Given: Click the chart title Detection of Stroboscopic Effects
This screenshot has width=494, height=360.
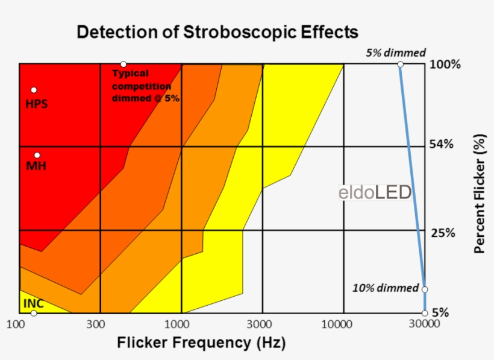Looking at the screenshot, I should [217, 32].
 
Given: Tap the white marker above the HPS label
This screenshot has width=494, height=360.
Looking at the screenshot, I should [34, 90].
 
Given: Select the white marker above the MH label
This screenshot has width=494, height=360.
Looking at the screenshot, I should [37, 155].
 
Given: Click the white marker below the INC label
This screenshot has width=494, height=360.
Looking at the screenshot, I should [34, 313].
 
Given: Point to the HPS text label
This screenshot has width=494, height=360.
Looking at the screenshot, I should [36, 104].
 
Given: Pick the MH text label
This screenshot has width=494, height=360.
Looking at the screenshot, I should [36, 166].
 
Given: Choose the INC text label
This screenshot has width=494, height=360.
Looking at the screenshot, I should [33, 303].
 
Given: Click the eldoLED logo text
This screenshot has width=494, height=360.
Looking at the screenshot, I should [375, 193].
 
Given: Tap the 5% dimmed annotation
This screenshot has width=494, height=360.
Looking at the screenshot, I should [396, 52].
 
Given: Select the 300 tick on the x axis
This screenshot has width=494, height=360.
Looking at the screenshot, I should [98, 325].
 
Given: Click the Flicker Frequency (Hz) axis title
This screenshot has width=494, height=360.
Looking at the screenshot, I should [201, 343].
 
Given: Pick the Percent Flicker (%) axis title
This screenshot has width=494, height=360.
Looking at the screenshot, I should [480, 193].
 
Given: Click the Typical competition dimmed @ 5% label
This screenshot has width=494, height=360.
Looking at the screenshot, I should [145, 86].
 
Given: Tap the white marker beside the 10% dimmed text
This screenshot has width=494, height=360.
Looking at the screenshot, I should [424, 289].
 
